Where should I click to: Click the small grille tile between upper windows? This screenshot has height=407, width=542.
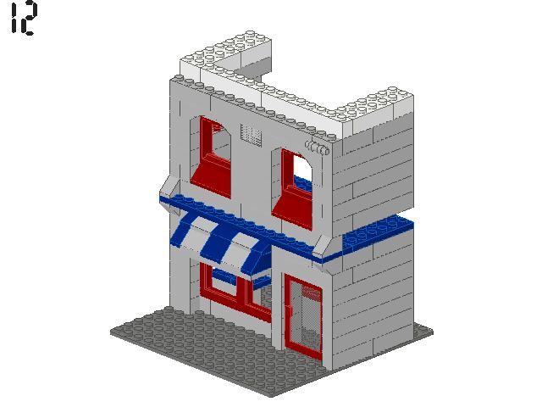[x=252, y=134]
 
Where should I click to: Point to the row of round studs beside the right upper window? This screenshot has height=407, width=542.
[x=318, y=149]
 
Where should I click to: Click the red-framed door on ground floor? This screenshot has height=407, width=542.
[x=305, y=319]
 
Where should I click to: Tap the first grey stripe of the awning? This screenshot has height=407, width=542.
[x=200, y=237]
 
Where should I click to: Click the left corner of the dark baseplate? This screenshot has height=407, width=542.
[x=114, y=326]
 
